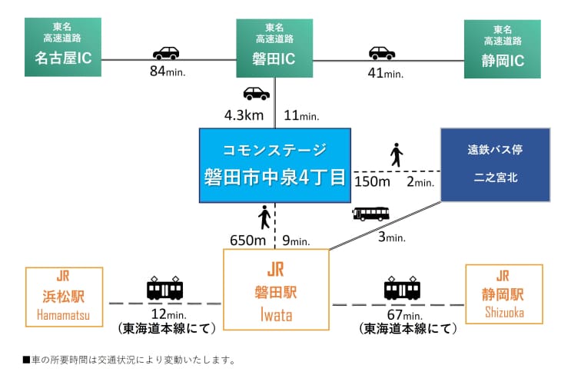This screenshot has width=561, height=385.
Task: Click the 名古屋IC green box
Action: [x=63, y=48]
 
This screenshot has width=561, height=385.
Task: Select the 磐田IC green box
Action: [x=274, y=48]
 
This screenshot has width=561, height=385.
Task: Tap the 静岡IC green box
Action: [x=502, y=48]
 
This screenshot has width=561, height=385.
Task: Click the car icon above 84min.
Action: [x=166, y=53]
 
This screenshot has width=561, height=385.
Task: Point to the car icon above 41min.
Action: [x=381, y=53]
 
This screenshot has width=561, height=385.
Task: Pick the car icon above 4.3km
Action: [x=256, y=94]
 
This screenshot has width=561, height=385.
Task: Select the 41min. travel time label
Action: [x=386, y=73]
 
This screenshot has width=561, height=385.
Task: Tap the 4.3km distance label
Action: [x=244, y=115]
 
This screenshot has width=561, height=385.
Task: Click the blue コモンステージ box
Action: [x=274, y=165]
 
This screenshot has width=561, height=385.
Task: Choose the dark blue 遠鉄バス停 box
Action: [x=496, y=164]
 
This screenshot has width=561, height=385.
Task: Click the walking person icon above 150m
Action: [x=397, y=155]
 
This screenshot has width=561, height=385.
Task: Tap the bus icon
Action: [x=370, y=214]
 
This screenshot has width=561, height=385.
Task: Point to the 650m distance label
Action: [x=248, y=241]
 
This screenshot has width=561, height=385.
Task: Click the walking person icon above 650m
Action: [x=264, y=217]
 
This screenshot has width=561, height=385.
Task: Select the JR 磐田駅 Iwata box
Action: [x=275, y=292]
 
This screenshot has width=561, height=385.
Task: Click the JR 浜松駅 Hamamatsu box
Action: [x=64, y=296]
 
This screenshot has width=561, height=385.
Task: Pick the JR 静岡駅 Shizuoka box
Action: [x=503, y=294]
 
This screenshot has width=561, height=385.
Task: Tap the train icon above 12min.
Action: [x=164, y=288]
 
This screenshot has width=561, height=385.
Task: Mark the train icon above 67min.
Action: [x=402, y=288]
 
